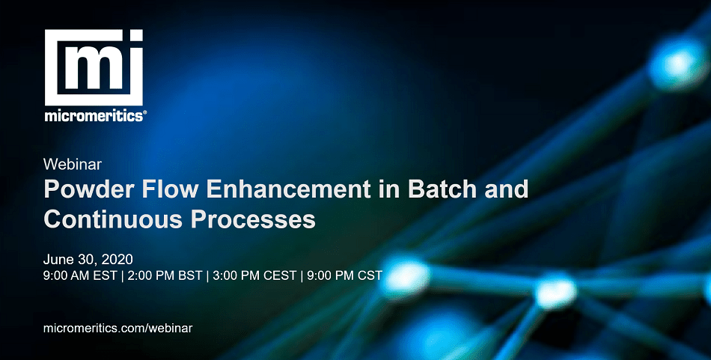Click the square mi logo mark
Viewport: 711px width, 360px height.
coord(94,67)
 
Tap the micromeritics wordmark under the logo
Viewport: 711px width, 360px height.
coord(94,115)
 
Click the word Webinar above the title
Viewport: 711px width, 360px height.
coord(73,164)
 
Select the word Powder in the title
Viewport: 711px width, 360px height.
coord(89,189)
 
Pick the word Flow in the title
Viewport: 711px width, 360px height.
coord(171,189)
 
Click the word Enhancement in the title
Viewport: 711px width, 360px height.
coord(288,189)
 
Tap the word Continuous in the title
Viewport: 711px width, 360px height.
coord(113,219)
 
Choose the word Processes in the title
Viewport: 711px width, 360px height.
coord(253,219)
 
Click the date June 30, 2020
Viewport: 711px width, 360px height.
coord(88,260)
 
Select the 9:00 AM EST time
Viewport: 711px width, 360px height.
coord(80,275)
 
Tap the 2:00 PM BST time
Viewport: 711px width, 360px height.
coord(165,275)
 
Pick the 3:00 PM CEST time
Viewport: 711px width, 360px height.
coord(254,275)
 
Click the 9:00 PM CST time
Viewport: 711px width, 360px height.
coord(344,275)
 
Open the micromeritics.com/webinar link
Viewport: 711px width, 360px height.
coord(118,329)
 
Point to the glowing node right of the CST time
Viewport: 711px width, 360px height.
coord(405,277)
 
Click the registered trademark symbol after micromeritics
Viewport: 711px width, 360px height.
coord(144,113)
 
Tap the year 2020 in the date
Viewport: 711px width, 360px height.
coord(117,260)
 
